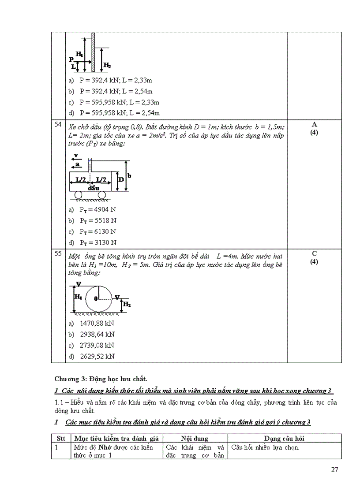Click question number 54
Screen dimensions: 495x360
point(58,125)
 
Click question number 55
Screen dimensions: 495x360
point(58,254)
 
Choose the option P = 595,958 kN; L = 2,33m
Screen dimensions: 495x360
point(119,102)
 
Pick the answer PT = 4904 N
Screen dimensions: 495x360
point(97,209)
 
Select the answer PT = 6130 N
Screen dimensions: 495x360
point(97,231)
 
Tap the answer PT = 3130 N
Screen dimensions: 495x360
point(97,242)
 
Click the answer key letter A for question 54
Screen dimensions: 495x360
point(314,124)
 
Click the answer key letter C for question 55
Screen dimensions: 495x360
point(314,253)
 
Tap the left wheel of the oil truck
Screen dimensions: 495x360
point(78,194)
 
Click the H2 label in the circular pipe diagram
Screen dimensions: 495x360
point(126,304)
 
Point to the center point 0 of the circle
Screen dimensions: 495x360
point(96,298)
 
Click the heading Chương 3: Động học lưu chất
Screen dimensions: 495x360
point(101,379)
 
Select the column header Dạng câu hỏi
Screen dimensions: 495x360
point(285,439)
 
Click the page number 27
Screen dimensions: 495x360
point(334,469)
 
